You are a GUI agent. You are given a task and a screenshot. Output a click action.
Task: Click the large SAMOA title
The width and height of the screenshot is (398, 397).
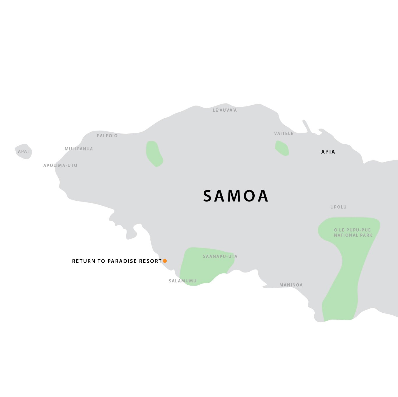tap(235, 196)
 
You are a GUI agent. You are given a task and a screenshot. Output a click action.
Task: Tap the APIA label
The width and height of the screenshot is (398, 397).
tap(328, 152)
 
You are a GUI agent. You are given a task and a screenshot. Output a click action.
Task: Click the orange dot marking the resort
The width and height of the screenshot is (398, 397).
tap(165, 261)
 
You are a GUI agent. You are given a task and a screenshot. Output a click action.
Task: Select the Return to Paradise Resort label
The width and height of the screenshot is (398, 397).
tap(117, 261)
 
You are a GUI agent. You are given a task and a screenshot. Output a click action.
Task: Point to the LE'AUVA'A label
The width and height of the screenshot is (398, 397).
tap(225, 110)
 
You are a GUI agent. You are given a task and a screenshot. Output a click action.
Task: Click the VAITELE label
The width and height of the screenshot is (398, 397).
tap(283, 133)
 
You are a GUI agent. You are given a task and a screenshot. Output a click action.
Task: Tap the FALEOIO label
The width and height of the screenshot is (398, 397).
tap(107, 136)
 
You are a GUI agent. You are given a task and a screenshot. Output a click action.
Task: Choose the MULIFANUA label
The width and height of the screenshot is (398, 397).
tap(79, 149)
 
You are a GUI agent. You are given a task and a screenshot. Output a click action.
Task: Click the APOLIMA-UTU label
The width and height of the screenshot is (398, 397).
tap(60, 165)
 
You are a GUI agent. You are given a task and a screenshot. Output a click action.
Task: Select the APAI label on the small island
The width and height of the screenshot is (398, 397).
tap(23, 152)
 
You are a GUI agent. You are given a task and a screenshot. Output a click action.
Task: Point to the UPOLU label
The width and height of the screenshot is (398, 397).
tap(338, 207)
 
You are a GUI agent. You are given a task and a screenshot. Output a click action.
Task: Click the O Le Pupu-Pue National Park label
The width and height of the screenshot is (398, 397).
tap(353, 233)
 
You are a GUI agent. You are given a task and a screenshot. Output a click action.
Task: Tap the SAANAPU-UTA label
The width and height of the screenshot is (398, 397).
tap(220, 257)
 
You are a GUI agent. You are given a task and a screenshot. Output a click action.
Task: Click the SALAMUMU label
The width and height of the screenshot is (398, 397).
tap(183, 281)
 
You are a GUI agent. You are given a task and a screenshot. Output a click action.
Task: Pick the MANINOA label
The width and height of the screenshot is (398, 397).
tap(291, 285)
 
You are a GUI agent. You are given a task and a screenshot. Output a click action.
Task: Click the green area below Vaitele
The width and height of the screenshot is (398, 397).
tap(282, 148)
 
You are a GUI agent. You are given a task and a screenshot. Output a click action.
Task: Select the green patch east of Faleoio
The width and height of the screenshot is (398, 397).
tap(154, 154)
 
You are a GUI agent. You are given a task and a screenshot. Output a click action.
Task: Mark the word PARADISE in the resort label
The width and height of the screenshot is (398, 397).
tap(122, 261)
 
